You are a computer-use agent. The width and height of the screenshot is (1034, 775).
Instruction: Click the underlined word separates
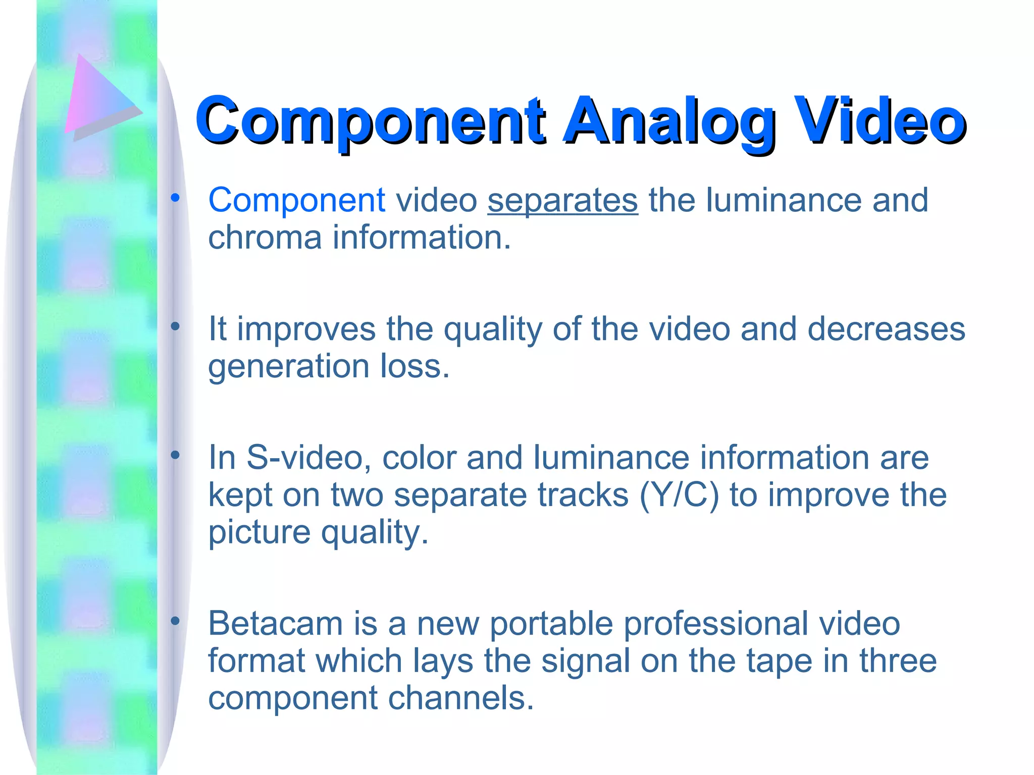pos(562,201)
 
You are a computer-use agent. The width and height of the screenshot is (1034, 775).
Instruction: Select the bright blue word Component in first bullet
pos(297,201)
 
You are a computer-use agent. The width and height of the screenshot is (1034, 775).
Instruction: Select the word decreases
pos(886,329)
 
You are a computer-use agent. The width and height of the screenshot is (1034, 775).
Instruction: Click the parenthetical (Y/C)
pos(679,495)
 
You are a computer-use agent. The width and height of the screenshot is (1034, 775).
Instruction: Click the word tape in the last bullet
pos(779,661)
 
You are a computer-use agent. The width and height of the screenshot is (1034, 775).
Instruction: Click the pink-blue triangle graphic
pos(98,98)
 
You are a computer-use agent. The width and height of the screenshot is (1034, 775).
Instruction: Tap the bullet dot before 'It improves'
pos(175,327)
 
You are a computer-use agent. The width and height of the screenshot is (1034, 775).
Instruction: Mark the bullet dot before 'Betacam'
pos(175,621)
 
